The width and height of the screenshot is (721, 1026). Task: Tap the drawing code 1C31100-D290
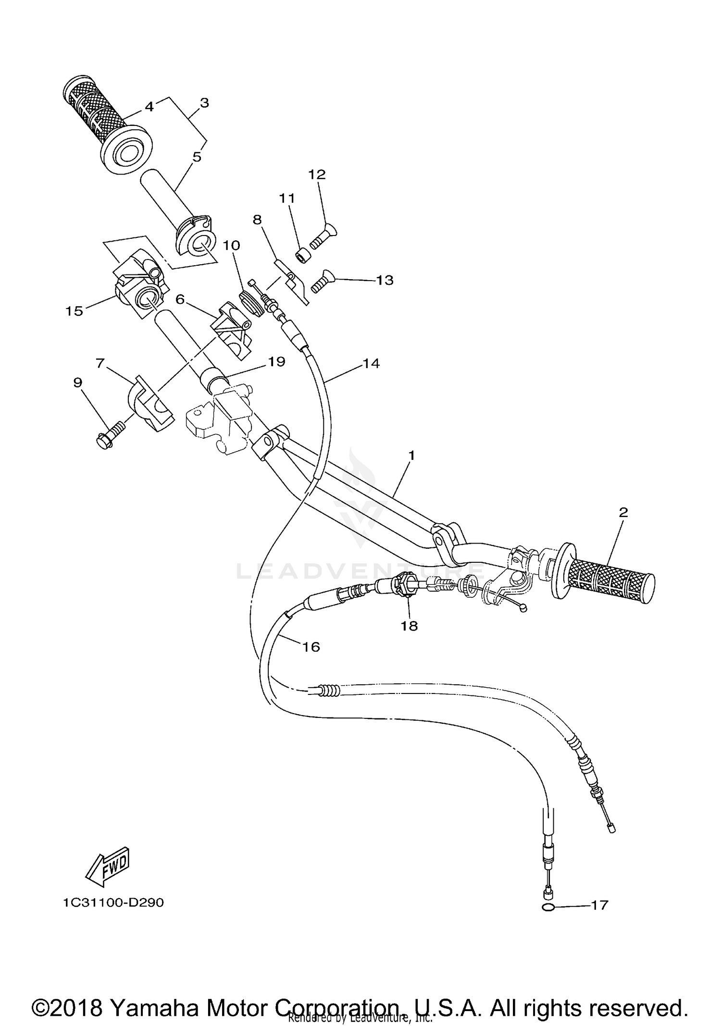tap(113, 902)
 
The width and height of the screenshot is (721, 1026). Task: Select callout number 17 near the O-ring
tap(599, 905)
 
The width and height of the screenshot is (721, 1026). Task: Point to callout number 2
tap(623, 512)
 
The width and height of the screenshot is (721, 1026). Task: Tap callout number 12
tap(317, 174)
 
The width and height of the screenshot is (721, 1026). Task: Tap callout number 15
tap(75, 311)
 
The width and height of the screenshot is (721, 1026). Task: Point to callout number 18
tap(410, 626)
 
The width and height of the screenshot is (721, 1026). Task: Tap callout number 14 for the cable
tap(371, 363)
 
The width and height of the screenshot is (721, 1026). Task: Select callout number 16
tap(311, 647)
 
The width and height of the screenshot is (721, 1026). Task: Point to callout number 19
tap(277, 361)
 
